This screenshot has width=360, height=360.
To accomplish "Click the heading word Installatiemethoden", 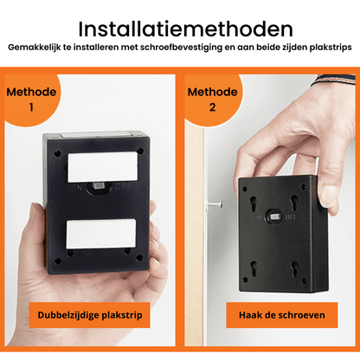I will (x=180, y=30).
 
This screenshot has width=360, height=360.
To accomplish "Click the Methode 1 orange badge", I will (x=32, y=100).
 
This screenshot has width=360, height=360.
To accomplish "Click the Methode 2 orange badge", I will (x=212, y=100).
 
